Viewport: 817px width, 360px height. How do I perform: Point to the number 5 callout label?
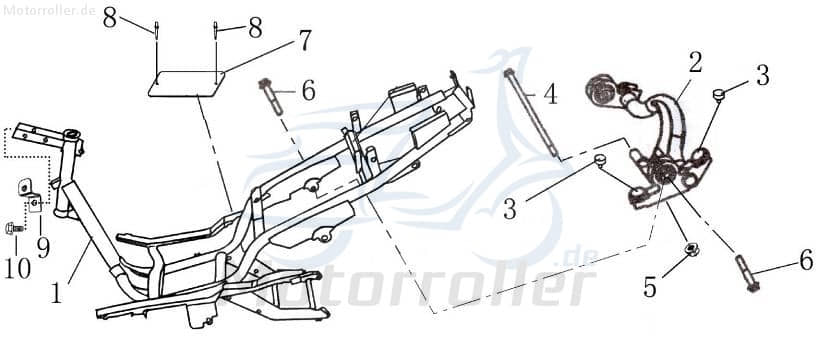pos(651,287)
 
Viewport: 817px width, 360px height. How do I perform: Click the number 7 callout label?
pos(304,40)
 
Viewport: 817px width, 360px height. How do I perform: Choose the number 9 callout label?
pos(43,246)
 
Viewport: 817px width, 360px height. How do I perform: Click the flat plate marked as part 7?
pos(186,83)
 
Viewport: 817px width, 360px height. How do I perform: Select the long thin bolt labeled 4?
pos(530,110)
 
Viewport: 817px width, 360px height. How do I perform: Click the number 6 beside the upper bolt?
pos(308,91)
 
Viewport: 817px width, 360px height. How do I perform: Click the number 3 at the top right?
pos(761,74)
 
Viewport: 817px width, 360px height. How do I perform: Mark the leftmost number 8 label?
pos(109,17)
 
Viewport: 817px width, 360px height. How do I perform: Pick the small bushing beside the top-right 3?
pos(717,95)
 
